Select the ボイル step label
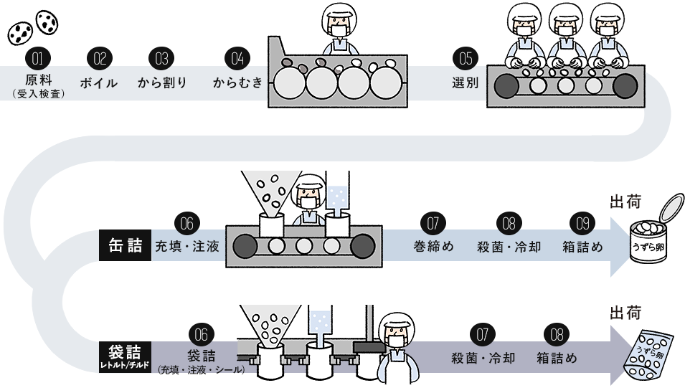[99, 82]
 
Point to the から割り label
[162, 82]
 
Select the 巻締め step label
[434, 247]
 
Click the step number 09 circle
[582, 223]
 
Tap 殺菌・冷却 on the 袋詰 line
[483, 357]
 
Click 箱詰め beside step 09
[582, 247]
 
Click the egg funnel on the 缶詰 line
[270, 190]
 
